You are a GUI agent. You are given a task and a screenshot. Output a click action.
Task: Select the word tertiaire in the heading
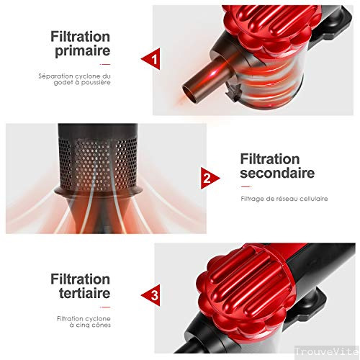[x=80, y=294]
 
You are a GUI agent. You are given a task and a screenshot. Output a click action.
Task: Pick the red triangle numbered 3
[x=151, y=294]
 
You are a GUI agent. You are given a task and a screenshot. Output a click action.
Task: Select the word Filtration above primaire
[x=81, y=36]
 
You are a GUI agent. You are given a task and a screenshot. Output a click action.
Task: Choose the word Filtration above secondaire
[x=271, y=158]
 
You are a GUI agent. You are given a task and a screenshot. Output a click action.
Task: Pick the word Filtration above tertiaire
[x=81, y=279]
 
